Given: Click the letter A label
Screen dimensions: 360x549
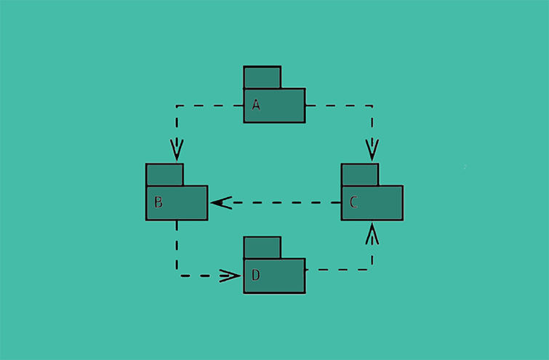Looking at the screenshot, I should tap(256, 105).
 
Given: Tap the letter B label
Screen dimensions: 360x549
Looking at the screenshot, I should tap(158, 203).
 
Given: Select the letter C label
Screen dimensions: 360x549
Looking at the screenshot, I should tap(353, 203).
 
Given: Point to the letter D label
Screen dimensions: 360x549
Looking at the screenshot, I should tap(256, 276).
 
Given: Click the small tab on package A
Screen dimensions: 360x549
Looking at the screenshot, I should tap(262, 77).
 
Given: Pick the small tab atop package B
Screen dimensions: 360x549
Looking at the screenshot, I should tap(164, 175).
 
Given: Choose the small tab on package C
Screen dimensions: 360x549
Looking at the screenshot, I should tap(360, 175).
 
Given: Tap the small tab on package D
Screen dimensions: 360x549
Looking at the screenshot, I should tap(262, 247).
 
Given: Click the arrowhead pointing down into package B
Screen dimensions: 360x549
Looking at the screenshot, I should tap(177, 151).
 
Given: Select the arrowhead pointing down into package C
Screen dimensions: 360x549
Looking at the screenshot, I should tap(372, 151).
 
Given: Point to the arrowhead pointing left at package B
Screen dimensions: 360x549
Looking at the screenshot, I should tap(221, 202).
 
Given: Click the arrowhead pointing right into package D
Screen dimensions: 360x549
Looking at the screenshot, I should tap(231, 276).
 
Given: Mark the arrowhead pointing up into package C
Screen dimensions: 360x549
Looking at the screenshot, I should tap(372, 233).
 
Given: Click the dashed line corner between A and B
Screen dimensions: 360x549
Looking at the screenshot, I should tap(177, 105).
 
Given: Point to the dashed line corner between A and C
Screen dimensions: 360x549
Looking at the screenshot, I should tap(372, 105).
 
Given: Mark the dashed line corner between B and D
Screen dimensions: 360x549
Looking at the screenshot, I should tap(177, 276).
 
